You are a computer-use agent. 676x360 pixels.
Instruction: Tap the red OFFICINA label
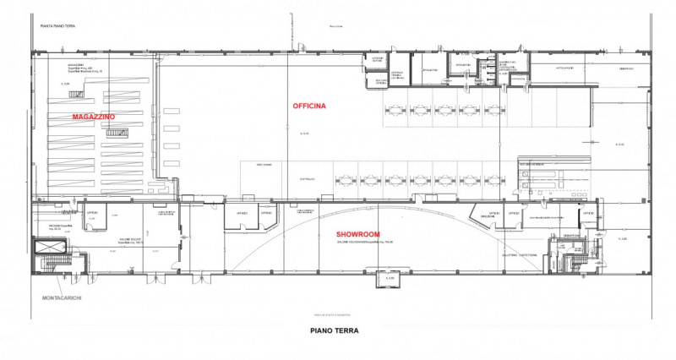point(309,105)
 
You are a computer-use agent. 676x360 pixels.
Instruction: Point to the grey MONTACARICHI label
point(64,298)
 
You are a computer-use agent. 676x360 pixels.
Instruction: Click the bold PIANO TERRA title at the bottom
point(335,331)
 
